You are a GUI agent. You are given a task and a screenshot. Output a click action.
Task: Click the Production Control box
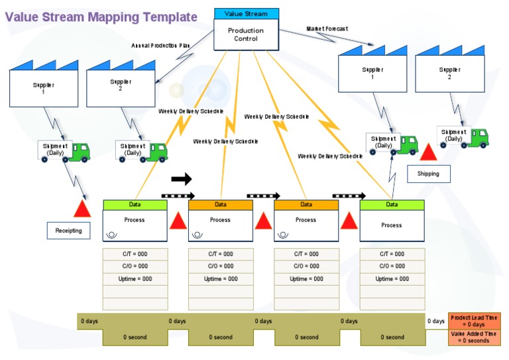coord(246,35)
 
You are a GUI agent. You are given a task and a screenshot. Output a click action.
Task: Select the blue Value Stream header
coord(246,13)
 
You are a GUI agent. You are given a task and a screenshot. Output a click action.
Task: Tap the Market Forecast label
coord(327,29)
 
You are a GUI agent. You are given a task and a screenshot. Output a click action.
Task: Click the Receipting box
coord(68,231)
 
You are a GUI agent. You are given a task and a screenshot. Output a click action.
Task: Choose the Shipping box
coord(427,174)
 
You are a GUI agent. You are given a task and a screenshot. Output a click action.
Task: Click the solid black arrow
coord(181,178)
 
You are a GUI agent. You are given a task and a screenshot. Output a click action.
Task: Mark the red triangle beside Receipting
coord(82,209)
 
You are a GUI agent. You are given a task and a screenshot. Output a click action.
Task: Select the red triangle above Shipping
coord(428,152)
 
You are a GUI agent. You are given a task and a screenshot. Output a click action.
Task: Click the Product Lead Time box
coord(473,321)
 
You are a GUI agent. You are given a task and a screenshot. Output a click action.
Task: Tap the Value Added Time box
coord(473,337)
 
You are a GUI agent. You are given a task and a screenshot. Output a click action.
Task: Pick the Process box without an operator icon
coord(392,225)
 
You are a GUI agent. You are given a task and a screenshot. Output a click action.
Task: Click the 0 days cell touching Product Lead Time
coord(436,321)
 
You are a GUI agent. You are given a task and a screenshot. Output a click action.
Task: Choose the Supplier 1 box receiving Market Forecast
coord(372,73)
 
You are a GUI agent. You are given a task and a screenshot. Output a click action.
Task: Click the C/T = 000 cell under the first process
coord(135,254)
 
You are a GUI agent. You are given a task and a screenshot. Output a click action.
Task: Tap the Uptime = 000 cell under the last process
coord(392,279)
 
